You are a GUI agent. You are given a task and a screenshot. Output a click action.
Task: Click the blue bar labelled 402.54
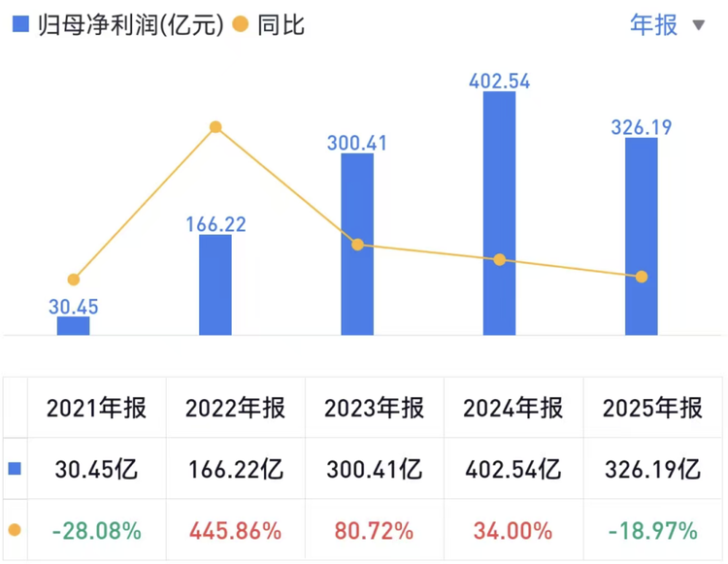499,214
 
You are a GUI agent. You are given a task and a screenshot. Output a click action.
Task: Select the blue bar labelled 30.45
73,326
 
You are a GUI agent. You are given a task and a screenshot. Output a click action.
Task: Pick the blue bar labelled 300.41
357,291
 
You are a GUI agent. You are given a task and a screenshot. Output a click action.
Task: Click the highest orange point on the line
215,127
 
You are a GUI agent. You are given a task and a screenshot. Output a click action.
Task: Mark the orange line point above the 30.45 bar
73,280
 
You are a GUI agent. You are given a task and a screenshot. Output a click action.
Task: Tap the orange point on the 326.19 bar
641,277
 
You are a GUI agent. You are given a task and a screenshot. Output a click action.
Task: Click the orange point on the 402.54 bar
499,260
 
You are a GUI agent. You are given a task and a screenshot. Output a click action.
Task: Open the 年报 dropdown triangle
699,25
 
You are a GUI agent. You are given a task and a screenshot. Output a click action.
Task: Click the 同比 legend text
281,24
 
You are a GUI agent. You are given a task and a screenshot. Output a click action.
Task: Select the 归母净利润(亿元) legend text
132,24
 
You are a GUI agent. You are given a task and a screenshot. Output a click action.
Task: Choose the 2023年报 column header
376,408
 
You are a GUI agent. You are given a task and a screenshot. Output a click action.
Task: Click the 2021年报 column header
96,408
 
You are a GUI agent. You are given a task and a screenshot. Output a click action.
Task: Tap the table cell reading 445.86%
235,531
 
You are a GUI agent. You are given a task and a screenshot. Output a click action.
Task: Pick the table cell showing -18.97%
652,531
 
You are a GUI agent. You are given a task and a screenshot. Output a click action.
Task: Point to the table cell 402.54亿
513,470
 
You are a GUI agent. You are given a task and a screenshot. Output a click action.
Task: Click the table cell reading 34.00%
513,531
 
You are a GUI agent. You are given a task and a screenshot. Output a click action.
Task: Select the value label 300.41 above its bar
356,143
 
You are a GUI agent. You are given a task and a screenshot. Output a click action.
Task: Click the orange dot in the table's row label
15,531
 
